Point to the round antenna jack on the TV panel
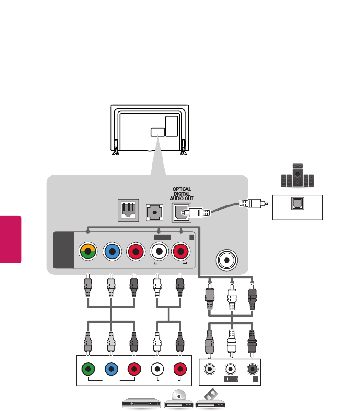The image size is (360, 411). click(x=226, y=260)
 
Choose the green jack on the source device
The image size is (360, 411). click(x=88, y=369)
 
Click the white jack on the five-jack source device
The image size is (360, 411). click(x=157, y=369)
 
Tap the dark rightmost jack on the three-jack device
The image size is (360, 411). click(x=252, y=368)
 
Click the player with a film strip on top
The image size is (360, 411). click(x=210, y=399)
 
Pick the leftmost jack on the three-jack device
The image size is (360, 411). click(x=209, y=368)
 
